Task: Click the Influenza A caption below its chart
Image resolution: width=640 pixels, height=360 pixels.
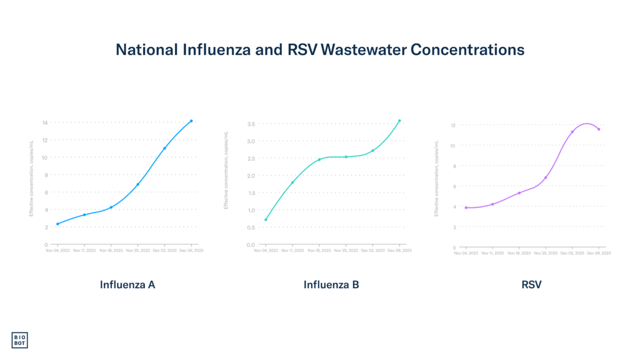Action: point(127,285)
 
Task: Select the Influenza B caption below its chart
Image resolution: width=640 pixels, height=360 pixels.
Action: point(331,285)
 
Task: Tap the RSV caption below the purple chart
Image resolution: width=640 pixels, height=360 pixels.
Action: point(531,285)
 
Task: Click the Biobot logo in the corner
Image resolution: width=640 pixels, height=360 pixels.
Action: point(20,340)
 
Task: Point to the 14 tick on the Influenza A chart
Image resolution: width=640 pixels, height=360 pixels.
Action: point(45,122)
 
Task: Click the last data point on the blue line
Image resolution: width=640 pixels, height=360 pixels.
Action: point(191,121)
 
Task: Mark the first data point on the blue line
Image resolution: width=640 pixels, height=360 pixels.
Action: point(57,224)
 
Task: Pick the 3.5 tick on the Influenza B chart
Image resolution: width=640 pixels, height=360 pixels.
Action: point(250,124)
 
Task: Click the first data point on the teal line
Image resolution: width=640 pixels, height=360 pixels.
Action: point(266,219)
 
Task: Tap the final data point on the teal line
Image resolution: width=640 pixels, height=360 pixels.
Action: point(399,121)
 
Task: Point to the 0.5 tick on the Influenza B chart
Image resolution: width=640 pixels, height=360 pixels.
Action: point(250,244)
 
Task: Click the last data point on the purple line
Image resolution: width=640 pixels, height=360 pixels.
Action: point(599,129)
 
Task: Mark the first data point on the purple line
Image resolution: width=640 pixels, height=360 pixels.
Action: point(466,207)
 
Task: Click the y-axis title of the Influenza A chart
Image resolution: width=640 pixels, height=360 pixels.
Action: point(31,178)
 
